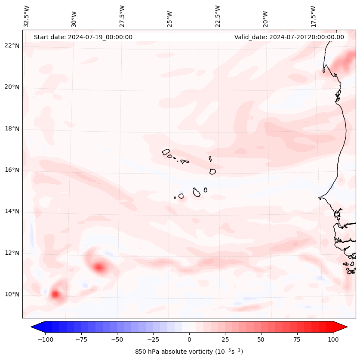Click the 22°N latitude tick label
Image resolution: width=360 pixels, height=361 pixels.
[x=12, y=46]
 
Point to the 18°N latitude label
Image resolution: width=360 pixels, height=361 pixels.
[x=12, y=129]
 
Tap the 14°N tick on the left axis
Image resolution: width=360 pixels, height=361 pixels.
[x=12, y=211]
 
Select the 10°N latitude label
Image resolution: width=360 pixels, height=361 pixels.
[x=12, y=294]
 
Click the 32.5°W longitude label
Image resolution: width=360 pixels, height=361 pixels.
[x=27, y=16]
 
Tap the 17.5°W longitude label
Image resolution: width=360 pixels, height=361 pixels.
[x=313, y=16]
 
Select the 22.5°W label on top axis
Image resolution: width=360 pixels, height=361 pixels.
[x=218, y=16]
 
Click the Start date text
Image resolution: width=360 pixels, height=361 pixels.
[x=83, y=37]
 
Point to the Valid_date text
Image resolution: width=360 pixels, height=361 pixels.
[x=289, y=37]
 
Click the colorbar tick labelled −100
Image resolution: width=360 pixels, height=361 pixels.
[x=45, y=339]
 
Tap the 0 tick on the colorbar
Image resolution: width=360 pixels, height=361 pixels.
[x=189, y=339]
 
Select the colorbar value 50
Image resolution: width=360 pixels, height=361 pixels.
[x=261, y=339]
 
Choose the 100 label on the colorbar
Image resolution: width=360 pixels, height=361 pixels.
[x=333, y=339]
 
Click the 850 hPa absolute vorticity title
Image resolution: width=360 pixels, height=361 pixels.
[x=189, y=352]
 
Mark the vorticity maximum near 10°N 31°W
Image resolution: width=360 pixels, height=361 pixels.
[x=55, y=294]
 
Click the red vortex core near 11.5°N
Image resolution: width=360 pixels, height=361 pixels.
[x=100, y=268]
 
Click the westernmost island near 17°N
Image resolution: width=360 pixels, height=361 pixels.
[x=166, y=152]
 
